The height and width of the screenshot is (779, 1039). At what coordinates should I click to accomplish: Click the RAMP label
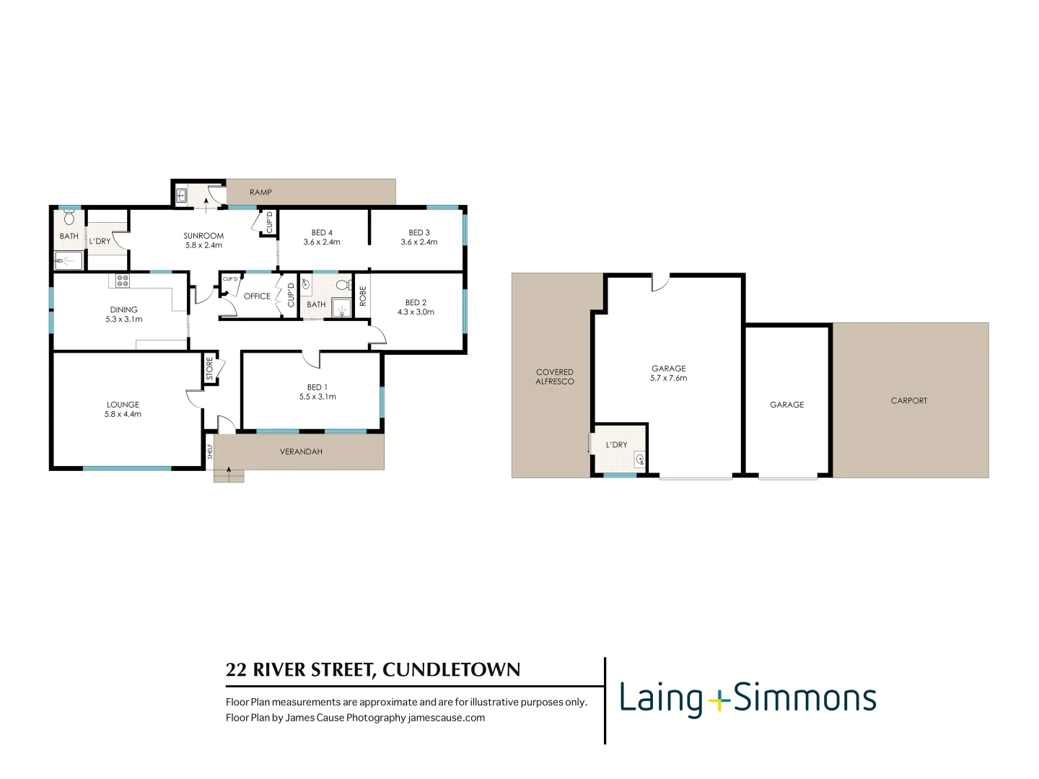260,193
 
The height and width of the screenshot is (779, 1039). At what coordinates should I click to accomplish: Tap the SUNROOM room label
203,236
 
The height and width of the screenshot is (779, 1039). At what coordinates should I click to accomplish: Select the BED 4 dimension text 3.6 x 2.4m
322,242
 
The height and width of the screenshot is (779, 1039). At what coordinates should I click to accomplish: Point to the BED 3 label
419,233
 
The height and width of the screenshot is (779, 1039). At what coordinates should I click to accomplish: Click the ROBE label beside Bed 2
363,296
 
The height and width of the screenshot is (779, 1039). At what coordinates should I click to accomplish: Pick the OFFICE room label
257,296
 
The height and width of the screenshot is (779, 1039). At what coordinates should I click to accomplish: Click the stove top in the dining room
123,281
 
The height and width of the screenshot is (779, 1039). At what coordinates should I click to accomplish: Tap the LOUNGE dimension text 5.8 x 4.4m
123,415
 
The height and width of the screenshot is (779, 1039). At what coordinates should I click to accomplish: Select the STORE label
210,369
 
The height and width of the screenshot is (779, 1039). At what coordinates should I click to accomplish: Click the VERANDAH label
301,452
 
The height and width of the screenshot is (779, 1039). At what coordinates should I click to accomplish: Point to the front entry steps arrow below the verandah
229,473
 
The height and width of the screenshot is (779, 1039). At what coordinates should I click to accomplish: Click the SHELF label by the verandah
210,452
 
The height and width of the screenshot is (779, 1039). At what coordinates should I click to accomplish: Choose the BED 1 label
317,387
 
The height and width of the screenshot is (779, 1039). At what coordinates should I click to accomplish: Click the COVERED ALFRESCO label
555,377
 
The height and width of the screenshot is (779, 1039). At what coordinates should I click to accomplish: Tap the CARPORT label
909,401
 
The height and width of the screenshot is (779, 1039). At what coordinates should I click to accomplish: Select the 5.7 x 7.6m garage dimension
669,378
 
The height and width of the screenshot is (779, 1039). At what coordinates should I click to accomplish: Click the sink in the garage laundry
640,459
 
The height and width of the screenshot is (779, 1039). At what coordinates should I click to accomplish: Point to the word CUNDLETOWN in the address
451,670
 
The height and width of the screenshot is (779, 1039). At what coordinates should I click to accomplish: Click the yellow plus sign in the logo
719,700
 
